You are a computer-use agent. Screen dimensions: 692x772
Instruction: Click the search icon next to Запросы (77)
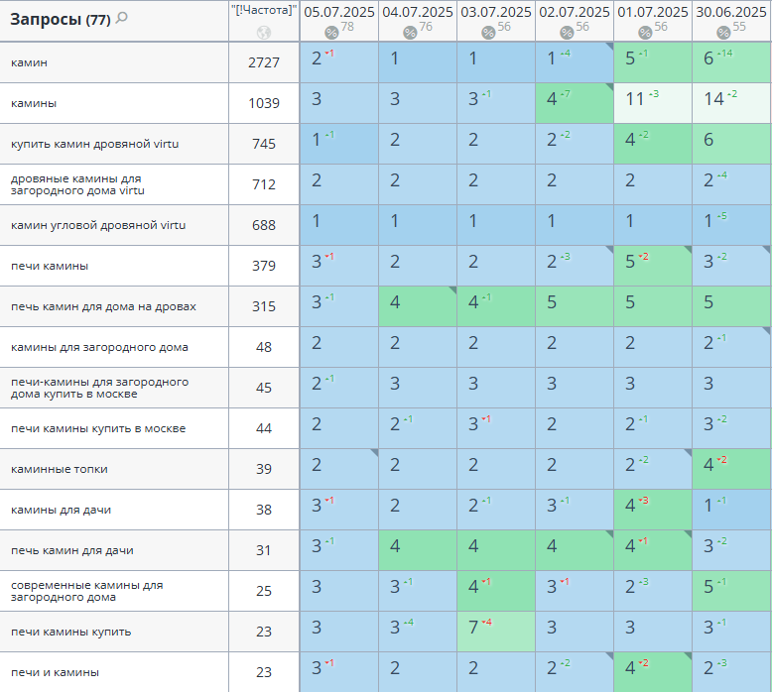(x=122, y=18)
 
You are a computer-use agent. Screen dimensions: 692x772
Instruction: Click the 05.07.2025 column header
(x=339, y=12)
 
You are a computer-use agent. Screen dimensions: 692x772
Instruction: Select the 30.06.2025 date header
(x=730, y=12)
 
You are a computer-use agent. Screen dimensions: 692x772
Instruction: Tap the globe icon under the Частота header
(x=263, y=32)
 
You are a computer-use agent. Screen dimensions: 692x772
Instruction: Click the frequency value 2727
(x=263, y=62)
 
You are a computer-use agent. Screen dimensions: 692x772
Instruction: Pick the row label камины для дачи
(x=61, y=510)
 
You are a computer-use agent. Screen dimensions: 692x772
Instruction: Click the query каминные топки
(x=60, y=469)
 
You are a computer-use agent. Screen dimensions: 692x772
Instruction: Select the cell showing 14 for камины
(x=714, y=99)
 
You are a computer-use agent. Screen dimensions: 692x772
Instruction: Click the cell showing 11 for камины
(x=637, y=99)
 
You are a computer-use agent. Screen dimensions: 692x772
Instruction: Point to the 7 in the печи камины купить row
(x=475, y=628)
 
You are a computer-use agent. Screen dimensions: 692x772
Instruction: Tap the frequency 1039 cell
(x=263, y=103)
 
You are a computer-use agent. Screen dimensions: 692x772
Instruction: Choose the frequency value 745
(x=263, y=144)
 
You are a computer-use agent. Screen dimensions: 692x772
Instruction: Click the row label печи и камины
(x=55, y=672)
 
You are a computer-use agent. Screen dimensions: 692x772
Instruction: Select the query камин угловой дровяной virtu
(x=98, y=225)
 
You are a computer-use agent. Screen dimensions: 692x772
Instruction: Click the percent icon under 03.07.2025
(x=488, y=33)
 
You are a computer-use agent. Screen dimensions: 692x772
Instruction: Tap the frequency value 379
(x=263, y=266)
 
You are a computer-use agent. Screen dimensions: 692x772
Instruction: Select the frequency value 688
(x=263, y=225)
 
